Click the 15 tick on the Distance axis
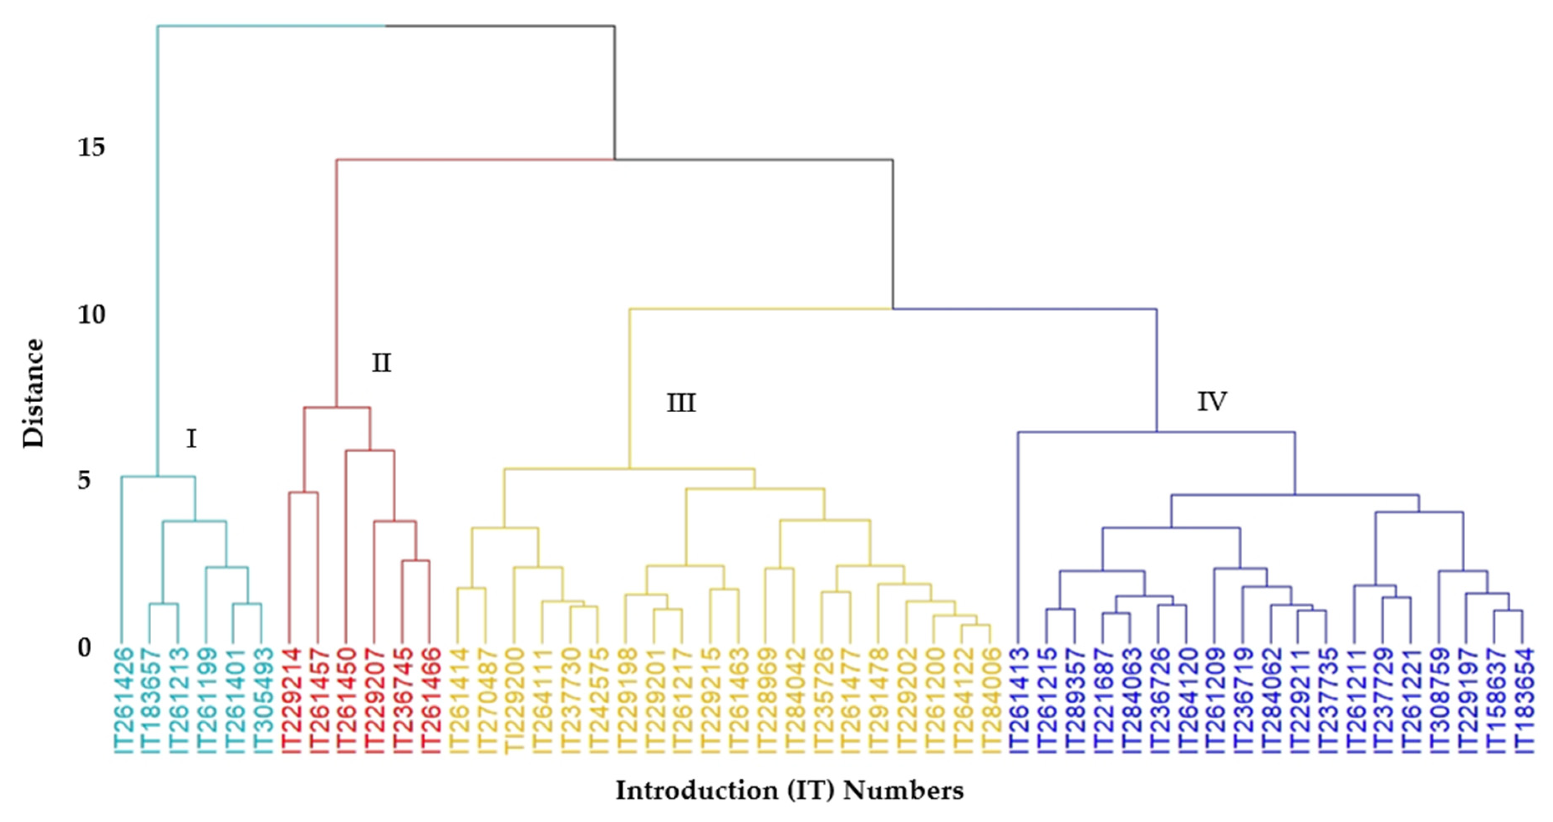click(91, 147)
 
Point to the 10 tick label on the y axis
click(91, 314)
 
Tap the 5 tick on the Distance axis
click(84, 480)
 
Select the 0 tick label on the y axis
click(84, 647)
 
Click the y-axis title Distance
click(33, 393)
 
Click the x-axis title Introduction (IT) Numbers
click(789, 790)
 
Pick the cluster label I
click(191, 439)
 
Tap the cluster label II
click(381, 363)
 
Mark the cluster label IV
click(1211, 401)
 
